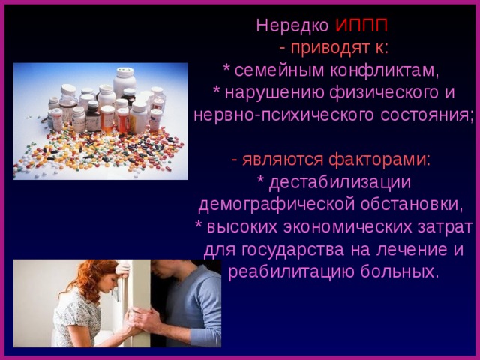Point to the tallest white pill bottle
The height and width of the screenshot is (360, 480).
(123, 79)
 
